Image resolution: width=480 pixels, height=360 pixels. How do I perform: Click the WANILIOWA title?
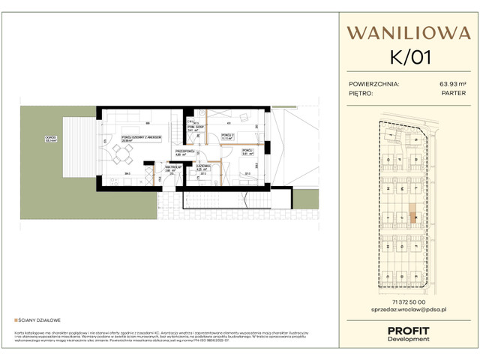(x=398, y=32)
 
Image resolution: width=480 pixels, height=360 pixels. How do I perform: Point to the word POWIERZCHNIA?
(x=374, y=85)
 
